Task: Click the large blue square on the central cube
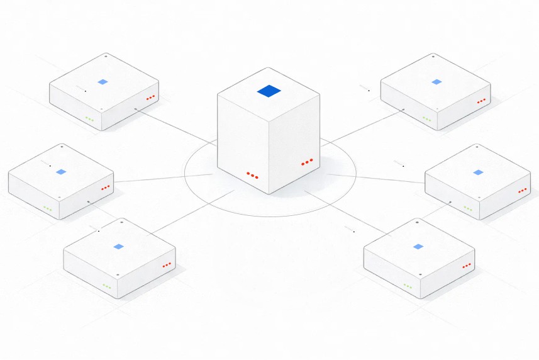[x=268, y=91]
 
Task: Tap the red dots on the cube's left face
[x=252, y=174]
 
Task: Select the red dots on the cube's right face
[x=307, y=162]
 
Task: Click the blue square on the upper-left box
[x=103, y=82]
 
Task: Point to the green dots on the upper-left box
[x=89, y=118]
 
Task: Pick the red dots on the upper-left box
[x=150, y=97]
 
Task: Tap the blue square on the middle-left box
[x=61, y=172]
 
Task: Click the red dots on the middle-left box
[x=105, y=187]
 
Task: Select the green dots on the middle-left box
[x=47, y=208]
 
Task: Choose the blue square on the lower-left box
[x=118, y=246]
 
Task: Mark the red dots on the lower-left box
[x=167, y=265]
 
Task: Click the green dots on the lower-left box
[x=107, y=286]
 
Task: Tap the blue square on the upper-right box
[x=436, y=82]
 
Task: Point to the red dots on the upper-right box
[x=481, y=101]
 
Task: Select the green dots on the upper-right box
[x=427, y=118]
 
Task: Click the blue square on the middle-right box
[x=478, y=172]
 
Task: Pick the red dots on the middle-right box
[x=523, y=189]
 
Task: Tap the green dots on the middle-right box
[x=468, y=208]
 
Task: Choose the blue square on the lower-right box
[x=418, y=246]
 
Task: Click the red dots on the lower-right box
[x=467, y=266]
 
